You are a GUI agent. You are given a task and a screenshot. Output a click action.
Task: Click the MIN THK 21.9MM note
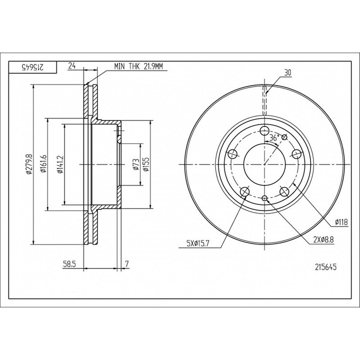coord(138,66)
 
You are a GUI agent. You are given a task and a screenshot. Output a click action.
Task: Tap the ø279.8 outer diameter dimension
coord(28,164)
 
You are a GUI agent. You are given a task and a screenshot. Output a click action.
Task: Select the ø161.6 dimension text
coord(43,163)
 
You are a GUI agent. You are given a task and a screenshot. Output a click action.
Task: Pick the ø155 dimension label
coord(146,164)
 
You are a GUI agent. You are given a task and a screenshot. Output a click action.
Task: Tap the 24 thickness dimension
coord(72,66)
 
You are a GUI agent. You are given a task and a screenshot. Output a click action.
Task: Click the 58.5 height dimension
coord(69,264)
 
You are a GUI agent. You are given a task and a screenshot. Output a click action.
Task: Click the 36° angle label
coord(274,138)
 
